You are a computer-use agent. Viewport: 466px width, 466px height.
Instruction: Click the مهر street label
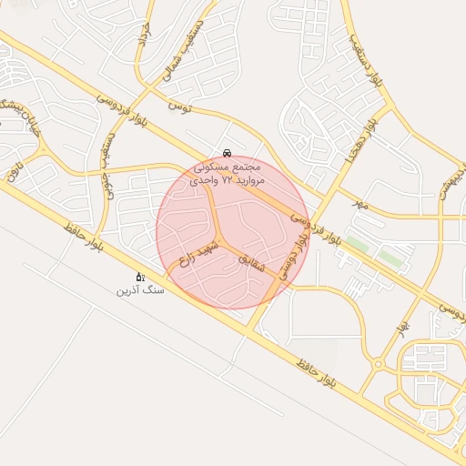click(361, 204)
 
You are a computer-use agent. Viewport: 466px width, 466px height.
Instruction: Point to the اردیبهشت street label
click(454, 187)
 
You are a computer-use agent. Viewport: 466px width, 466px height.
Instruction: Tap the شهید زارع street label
click(199, 252)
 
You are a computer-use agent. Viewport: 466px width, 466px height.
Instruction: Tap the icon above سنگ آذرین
click(139, 276)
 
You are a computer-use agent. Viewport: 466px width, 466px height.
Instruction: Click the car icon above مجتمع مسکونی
click(226, 153)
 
